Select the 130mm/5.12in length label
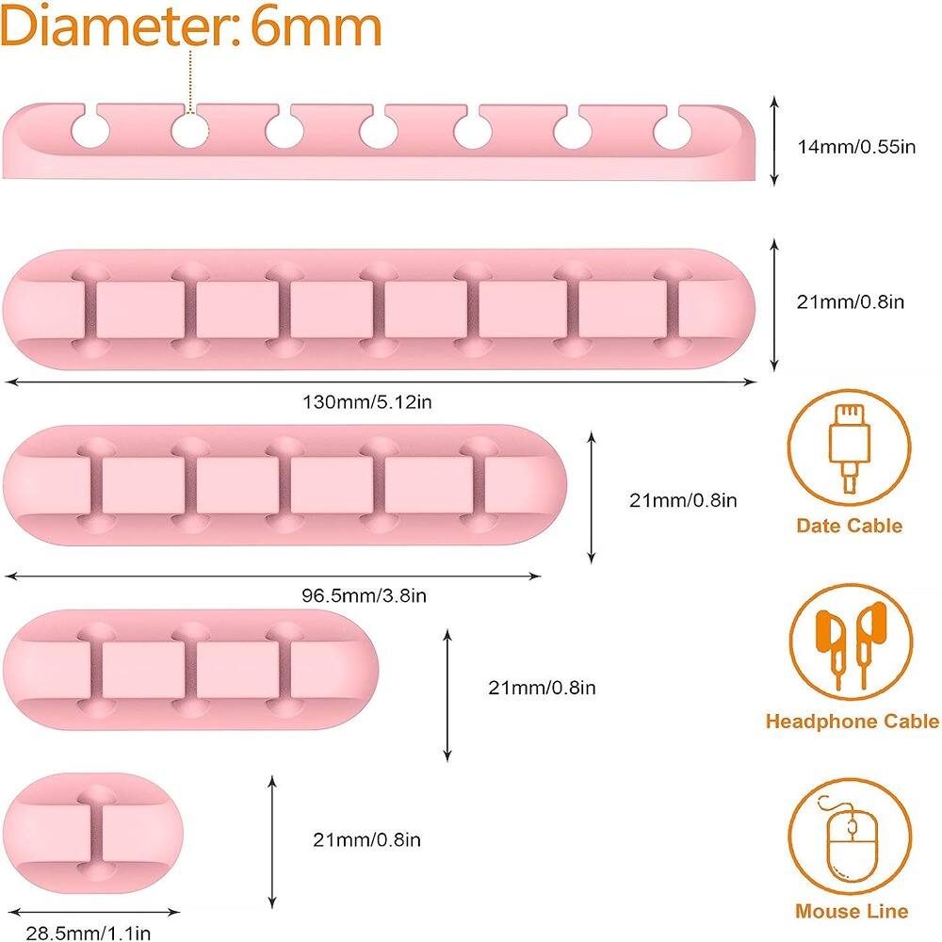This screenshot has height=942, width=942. pyautogui.click(x=367, y=402)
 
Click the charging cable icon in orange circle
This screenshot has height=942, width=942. pyautogui.click(x=848, y=447)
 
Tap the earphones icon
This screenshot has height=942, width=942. pyautogui.click(x=851, y=647)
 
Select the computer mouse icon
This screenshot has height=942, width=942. pyautogui.click(x=851, y=845)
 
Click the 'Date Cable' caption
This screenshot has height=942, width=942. pyautogui.click(x=849, y=526)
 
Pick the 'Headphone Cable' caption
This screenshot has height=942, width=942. pyautogui.click(x=852, y=722)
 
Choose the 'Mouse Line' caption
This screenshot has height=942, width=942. pyautogui.click(x=851, y=911)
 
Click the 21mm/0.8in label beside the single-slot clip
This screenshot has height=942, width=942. pyautogui.click(x=368, y=838)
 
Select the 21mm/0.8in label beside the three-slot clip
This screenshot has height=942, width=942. pyautogui.click(x=542, y=688)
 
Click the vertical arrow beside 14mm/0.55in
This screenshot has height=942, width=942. pyautogui.click(x=773, y=139)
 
